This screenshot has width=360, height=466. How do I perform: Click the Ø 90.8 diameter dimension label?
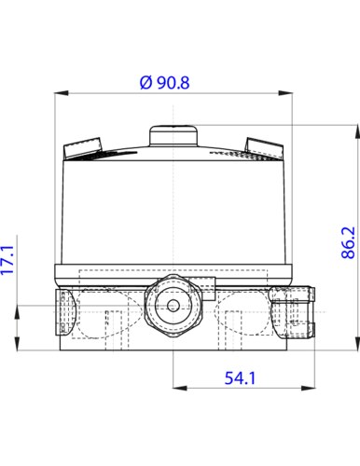[x=164, y=83]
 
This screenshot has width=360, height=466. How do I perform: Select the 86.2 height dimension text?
[x=348, y=242]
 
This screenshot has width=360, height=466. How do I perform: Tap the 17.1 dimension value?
[x=7, y=260]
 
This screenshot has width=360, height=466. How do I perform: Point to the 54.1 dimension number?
[x=240, y=378]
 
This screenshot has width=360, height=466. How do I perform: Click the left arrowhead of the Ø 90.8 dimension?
[x=62, y=93]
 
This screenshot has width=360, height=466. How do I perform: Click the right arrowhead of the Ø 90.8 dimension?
[x=285, y=93]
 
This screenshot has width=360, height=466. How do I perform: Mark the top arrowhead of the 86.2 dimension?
[x=357, y=131]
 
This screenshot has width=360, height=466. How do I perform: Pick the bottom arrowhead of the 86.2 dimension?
[x=357, y=343]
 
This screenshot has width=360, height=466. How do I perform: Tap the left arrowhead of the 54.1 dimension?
[x=180, y=388]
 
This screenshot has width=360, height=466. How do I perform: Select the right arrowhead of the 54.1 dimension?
[x=308, y=388]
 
